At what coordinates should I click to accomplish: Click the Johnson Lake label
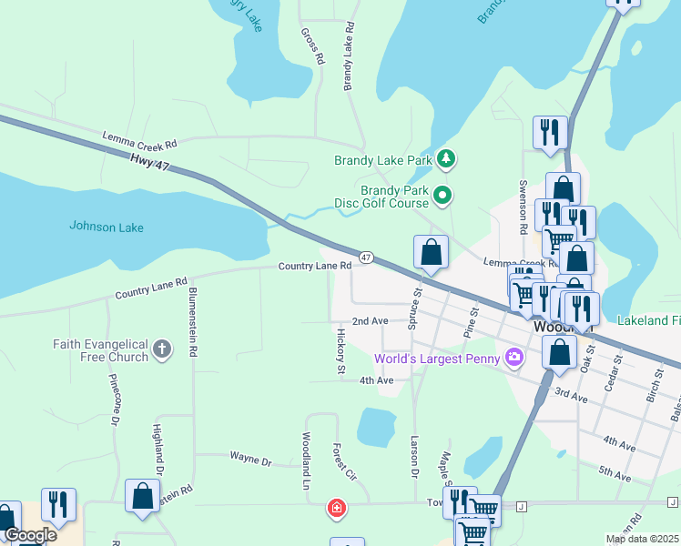pos(107,227)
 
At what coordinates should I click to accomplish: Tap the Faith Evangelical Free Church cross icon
pos(162,349)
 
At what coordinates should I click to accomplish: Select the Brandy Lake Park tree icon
pos(445,160)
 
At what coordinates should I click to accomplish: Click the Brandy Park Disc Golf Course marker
pos(442,195)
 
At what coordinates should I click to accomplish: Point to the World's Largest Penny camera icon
pos(514,358)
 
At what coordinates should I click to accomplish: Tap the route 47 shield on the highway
pos(365,258)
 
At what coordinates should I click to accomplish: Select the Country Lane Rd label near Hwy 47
pos(314,266)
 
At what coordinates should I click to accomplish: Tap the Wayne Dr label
pos(250,461)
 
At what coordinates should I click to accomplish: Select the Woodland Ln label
pos(306,457)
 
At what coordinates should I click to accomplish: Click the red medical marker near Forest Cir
pos(337,507)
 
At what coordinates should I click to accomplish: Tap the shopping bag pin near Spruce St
pos(431,253)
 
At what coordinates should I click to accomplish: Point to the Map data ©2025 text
pos(643,539)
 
